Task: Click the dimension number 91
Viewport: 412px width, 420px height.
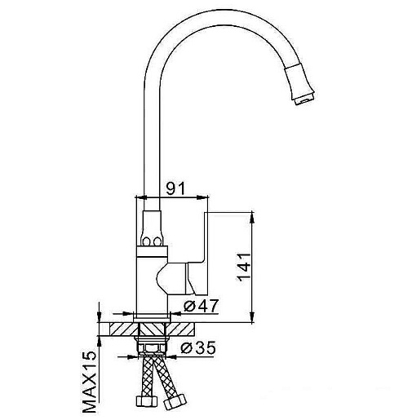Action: [175, 188]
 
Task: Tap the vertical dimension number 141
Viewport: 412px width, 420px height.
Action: [244, 267]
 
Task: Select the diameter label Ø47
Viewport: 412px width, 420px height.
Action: [201, 306]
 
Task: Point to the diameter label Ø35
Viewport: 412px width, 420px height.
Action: [198, 347]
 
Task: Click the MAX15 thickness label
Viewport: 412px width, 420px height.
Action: [90, 382]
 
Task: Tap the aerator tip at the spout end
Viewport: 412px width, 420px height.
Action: [305, 99]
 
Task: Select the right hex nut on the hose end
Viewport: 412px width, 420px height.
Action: [175, 402]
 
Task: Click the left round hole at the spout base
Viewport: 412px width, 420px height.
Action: [147, 241]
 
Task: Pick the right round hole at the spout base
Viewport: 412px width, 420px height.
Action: [157, 241]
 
